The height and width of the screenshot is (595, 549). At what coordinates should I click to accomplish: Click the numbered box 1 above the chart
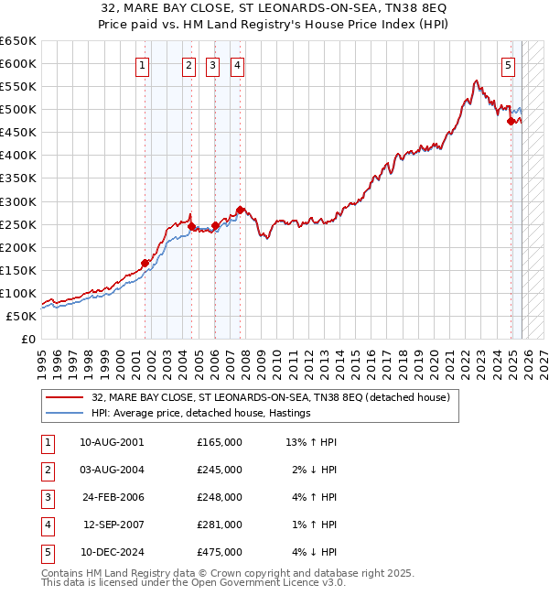coord(144,65)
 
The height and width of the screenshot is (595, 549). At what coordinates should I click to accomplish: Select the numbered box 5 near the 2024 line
coord(508,65)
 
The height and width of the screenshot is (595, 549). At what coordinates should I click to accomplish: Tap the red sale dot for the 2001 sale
coord(145,263)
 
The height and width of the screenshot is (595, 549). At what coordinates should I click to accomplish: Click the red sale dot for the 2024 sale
coord(510,120)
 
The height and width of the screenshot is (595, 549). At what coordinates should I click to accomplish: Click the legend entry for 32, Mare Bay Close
coord(270,398)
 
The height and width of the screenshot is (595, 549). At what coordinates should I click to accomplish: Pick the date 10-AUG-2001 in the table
coord(112,442)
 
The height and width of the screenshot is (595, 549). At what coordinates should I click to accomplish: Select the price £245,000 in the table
coord(220,470)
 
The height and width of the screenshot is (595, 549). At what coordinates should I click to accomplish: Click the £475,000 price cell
coord(220,552)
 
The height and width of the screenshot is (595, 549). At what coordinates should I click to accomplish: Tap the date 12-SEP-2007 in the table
coord(112,525)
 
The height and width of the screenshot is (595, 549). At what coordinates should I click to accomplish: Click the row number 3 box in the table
coord(45,497)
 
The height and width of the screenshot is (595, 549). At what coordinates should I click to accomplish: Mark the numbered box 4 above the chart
coord(237,65)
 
